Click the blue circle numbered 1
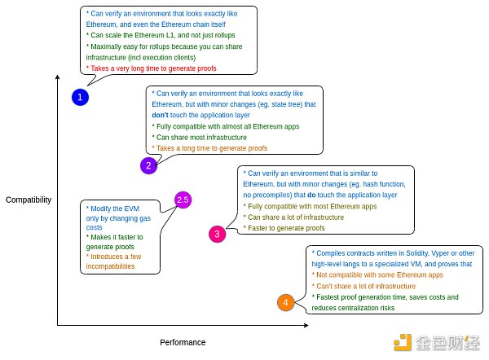coord(79,98)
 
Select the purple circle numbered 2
coord(148,166)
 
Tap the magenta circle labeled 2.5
coord(183,200)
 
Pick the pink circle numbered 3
coord(217,235)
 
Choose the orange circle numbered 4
coord(284,303)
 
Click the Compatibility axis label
coord(29,200)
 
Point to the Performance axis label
coord(183,342)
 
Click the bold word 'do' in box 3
coord(311,195)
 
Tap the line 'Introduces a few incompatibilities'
coord(114,261)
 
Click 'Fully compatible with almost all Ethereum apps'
coord(226,127)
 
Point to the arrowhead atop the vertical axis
coord(58,77)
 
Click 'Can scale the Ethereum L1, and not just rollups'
coord(159,36)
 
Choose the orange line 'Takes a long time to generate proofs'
coord(209,148)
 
